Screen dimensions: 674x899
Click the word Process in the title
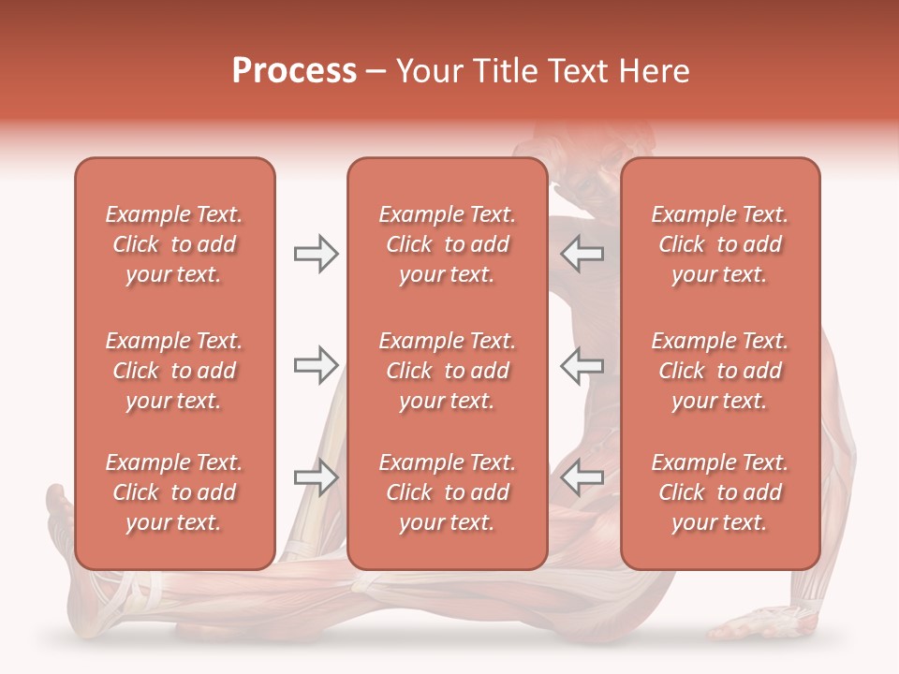(x=294, y=71)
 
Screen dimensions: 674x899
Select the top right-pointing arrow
(x=316, y=254)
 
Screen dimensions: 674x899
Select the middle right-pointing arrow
(x=316, y=365)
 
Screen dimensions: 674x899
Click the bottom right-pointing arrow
(x=316, y=477)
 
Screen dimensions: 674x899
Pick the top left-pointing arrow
(x=582, y=254)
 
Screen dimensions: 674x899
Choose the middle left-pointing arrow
(x=582, y=365)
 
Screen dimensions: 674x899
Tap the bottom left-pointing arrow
(x=582, y=477)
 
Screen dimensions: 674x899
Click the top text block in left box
(x=174, y=244)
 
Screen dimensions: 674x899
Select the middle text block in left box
(x=174, y=371)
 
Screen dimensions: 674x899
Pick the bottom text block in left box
(x=174, y=492)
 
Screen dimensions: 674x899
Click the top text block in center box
(x=448, y=244)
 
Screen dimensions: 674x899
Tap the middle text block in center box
(x=448, y=371)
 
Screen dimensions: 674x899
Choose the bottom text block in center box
(x=448, y=492)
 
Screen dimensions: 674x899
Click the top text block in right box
(x=720, y=244)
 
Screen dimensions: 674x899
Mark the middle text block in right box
(x=720, y=371)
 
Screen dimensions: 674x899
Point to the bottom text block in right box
(x=720, y=492)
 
